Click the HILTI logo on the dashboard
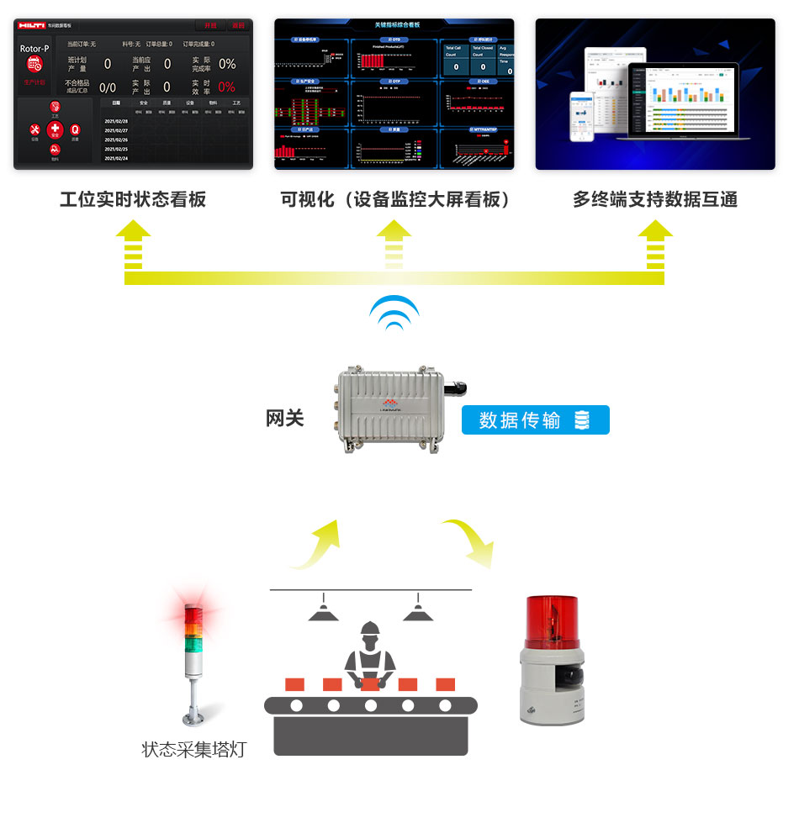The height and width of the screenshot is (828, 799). click(x=31, y=26)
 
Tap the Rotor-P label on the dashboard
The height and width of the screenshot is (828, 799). click(x=34, y=49)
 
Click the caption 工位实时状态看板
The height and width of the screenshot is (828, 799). click(x=133, y=199)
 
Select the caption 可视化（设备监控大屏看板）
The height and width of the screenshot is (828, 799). click(x=395, y=199)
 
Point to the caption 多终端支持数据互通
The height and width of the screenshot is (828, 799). click(x=655, y=199)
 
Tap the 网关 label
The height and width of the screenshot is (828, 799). click(x=284, y=418)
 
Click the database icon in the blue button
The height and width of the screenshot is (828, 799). click(x=581, y=419)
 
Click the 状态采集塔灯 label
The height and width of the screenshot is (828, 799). click(x=194, y=749)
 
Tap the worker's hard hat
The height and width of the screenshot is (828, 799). click(x=369, y=628)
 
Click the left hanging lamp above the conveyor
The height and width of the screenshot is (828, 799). click(x=323, y=611)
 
